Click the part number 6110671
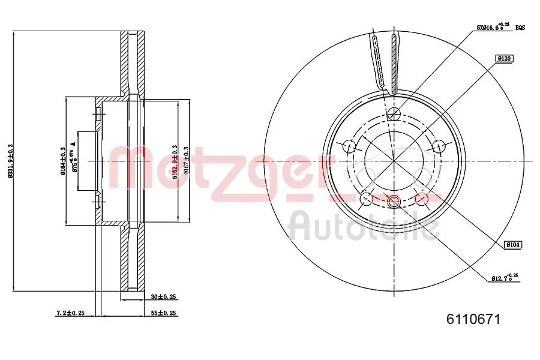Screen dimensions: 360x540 [472, 320]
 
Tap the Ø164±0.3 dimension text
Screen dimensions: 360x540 [62, 161]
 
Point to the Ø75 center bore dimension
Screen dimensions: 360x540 [74, 160]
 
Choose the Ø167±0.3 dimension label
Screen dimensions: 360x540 [187, 161]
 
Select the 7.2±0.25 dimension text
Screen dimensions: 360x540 [70, 313]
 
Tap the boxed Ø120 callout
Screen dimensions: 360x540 [503, 58]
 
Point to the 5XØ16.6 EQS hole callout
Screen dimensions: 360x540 [496, 27]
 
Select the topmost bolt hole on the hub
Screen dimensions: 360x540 [394, 115]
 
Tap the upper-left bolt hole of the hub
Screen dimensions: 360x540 [349, 146]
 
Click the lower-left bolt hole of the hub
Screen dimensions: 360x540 [365, 199]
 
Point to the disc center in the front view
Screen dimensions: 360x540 [394, 161]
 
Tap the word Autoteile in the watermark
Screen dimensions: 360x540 [364, 227]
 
